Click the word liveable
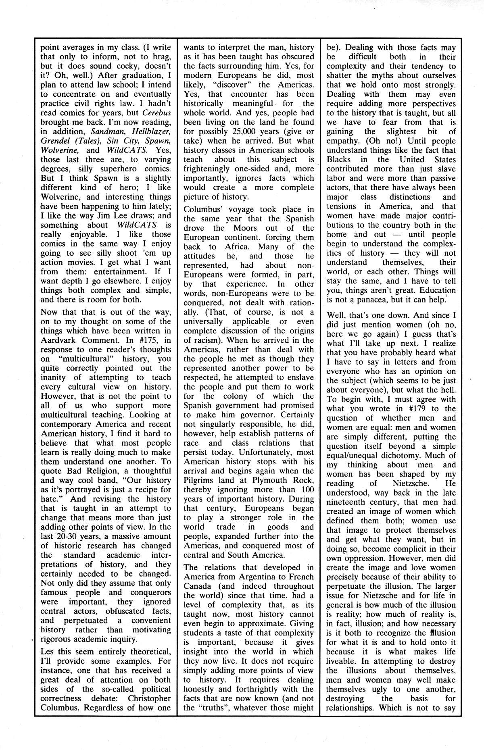pos(342,662)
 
